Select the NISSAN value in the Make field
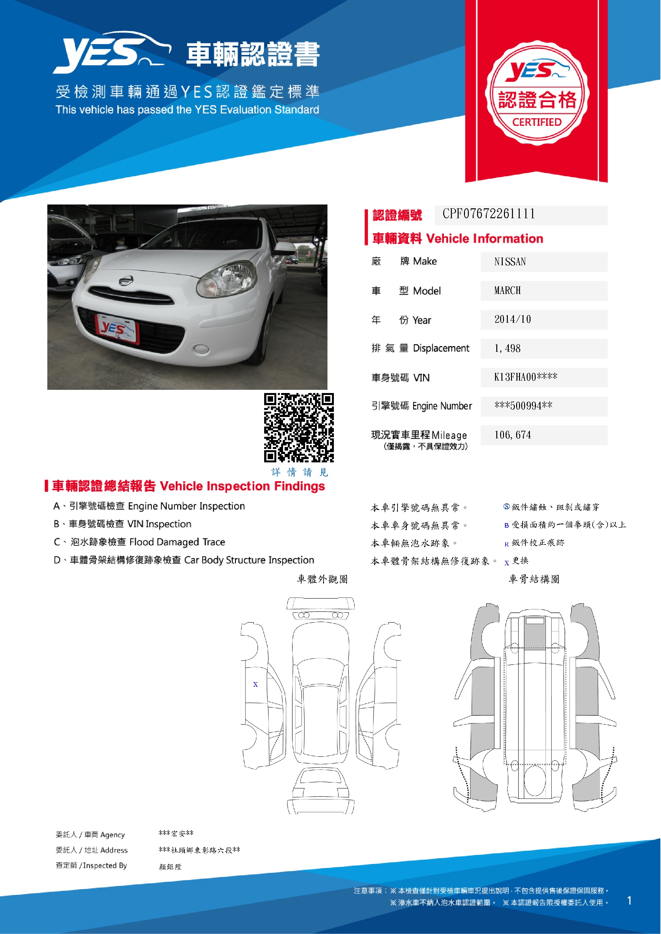click(510, 262)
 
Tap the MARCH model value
click(508, 290)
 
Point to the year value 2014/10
click(512, 319)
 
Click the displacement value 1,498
click(507, 349)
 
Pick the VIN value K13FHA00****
click(525, 377)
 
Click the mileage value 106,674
click(512, 435)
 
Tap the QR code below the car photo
click(299, 428)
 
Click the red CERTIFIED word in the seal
click(537, 122)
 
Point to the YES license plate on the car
click(117, 329)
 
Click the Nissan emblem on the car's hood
click(126, 280)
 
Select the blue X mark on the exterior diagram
click(255, 685)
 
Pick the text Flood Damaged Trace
click(177, 542)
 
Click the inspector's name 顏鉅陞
click(170, 867)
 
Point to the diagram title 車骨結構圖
click(534, 579)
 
